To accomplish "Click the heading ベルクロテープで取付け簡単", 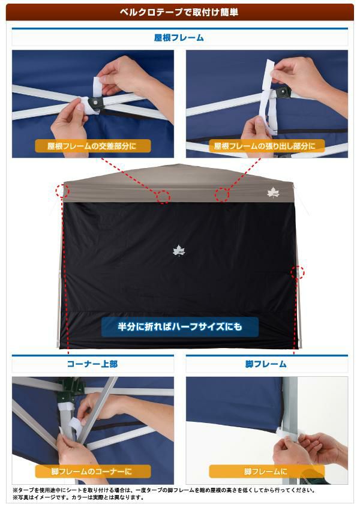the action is (x=179, y=12).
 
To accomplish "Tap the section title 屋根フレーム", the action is (x=179, y=38).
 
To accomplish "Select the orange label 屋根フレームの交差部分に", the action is (x=92, y=146).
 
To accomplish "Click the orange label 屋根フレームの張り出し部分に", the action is (x=265, y=146).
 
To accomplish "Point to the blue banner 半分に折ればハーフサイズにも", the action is (x=180, y=326).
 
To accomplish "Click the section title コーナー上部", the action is (x=92, y=364).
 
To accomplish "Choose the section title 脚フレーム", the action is (x=266, y=364).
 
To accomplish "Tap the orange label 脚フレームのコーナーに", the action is (x=92, y=472).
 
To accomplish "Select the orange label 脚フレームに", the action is (x=266, y=472).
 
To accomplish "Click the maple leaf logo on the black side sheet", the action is (x=179, y=251).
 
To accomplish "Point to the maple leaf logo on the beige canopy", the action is (x=274, y=193).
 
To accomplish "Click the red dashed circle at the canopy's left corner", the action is (x=62, y=191).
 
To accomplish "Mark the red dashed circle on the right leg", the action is (x=298, y=272).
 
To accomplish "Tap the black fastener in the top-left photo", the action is (x=97, y=103).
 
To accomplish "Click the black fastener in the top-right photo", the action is (x=284, y=93).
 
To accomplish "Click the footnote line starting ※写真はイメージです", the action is (x=78, y=497).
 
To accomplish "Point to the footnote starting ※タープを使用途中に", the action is (x=164, y=490).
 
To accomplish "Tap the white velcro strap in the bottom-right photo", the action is (x=290, y=434).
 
